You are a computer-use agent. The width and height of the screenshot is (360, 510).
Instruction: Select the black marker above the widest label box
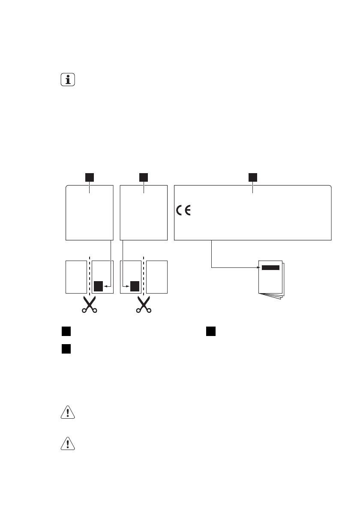click(x=253, y=177)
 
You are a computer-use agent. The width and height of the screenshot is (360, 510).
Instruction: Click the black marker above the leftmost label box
click(x=89, y=177)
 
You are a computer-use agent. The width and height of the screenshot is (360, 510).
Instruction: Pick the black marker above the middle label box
click(x=144, y=177)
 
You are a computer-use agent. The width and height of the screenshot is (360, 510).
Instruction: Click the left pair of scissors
click(x=89, y=305)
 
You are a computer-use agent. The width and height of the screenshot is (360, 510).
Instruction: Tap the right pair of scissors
click(x=144, y=305)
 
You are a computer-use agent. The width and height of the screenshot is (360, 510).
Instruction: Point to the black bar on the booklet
click(x=270, y=267)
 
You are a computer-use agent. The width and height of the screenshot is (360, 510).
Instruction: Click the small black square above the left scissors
click(x=99, y=286)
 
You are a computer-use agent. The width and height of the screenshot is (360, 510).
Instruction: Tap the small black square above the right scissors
click(x=135, y=286)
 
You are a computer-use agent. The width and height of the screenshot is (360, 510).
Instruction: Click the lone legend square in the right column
click(x=210, y=331)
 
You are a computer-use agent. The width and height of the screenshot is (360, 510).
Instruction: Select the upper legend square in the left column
click(x=65, y=331)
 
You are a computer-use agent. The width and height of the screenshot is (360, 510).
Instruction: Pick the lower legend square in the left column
click(x=65, y=349)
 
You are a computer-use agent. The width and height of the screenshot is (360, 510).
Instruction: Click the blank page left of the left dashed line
click(x=75, y=276)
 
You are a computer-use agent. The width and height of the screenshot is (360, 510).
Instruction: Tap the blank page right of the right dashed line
click(x=157, y=276)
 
